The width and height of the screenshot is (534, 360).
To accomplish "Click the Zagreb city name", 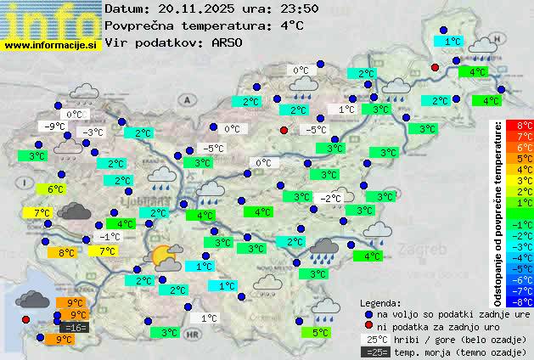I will click(424, 250).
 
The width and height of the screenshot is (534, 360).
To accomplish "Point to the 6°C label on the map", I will click(56, 189).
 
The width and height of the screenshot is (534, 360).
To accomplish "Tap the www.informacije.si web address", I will click(51, 44).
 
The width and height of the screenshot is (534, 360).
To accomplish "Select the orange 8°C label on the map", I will click(65, 252).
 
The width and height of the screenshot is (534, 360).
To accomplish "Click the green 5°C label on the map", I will click(319, 333).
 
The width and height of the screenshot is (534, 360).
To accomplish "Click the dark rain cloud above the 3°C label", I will click(324, 248).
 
